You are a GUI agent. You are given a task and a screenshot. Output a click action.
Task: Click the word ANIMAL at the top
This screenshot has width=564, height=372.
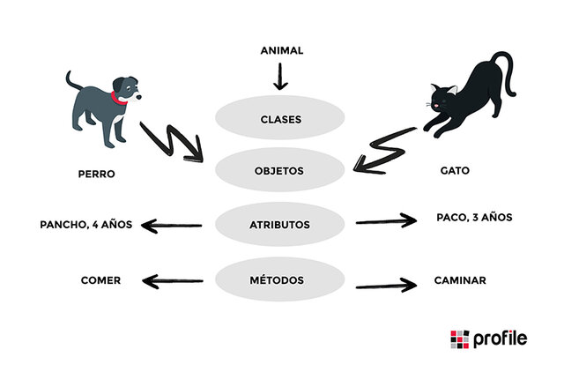[281, 50]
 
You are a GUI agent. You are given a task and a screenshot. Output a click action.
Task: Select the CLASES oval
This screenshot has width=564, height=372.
[281, 119]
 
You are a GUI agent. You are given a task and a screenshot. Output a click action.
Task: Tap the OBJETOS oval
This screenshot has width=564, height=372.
[281, 170]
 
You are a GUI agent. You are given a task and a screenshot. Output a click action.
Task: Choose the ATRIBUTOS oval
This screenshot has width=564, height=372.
[281, 225]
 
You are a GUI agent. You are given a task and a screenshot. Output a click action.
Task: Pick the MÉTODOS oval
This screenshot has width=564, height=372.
[281, 280]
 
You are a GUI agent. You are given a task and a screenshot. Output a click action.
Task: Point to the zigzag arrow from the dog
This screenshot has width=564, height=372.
[171, 143]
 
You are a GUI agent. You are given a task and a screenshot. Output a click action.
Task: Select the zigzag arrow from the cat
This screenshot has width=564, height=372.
[384, 150]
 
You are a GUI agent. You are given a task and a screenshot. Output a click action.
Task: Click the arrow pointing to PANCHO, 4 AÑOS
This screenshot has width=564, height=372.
[173, 226]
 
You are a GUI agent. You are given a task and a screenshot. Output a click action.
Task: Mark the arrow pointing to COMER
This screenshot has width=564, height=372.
[173, 281]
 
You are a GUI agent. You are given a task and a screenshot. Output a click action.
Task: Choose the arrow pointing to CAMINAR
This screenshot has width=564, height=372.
[385, 285]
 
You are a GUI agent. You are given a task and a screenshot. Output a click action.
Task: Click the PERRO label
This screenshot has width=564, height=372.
[96, 175]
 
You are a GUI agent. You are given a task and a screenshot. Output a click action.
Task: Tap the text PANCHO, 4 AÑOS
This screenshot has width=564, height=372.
[86, 224]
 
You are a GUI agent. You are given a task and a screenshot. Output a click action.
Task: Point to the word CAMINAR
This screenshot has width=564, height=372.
[460, 280]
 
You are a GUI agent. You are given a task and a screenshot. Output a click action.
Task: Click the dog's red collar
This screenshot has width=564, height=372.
[119, 98]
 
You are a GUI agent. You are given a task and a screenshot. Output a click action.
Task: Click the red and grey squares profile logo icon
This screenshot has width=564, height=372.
[460, 339]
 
